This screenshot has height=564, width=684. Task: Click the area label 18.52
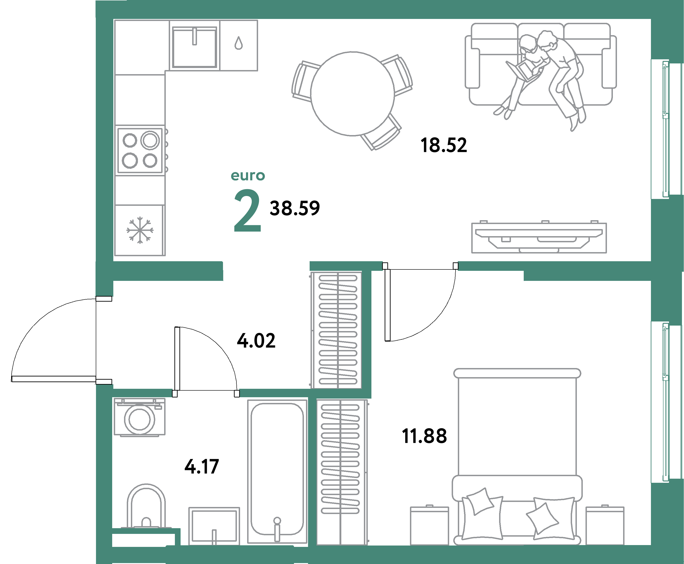[443, 145]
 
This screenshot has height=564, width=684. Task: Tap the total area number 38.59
[294, 208]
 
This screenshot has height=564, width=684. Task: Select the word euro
[248, 176]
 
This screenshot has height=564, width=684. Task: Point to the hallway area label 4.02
[256, 341]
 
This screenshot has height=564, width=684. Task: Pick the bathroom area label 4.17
[202, 467]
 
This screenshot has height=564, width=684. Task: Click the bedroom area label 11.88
[424, 436]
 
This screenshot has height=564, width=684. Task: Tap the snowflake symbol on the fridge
[140, 230]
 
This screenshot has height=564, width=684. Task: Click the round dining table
[352, 94]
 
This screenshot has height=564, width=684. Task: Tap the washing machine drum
[140, 419]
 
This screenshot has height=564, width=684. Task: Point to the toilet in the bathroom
[146, 507]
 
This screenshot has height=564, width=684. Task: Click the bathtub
[277, 468]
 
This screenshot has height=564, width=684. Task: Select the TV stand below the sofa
[539, 238]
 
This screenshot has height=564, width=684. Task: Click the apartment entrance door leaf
[54, 379]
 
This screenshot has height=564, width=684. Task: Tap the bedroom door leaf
[387, 305]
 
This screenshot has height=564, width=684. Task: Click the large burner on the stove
[150, 140]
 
